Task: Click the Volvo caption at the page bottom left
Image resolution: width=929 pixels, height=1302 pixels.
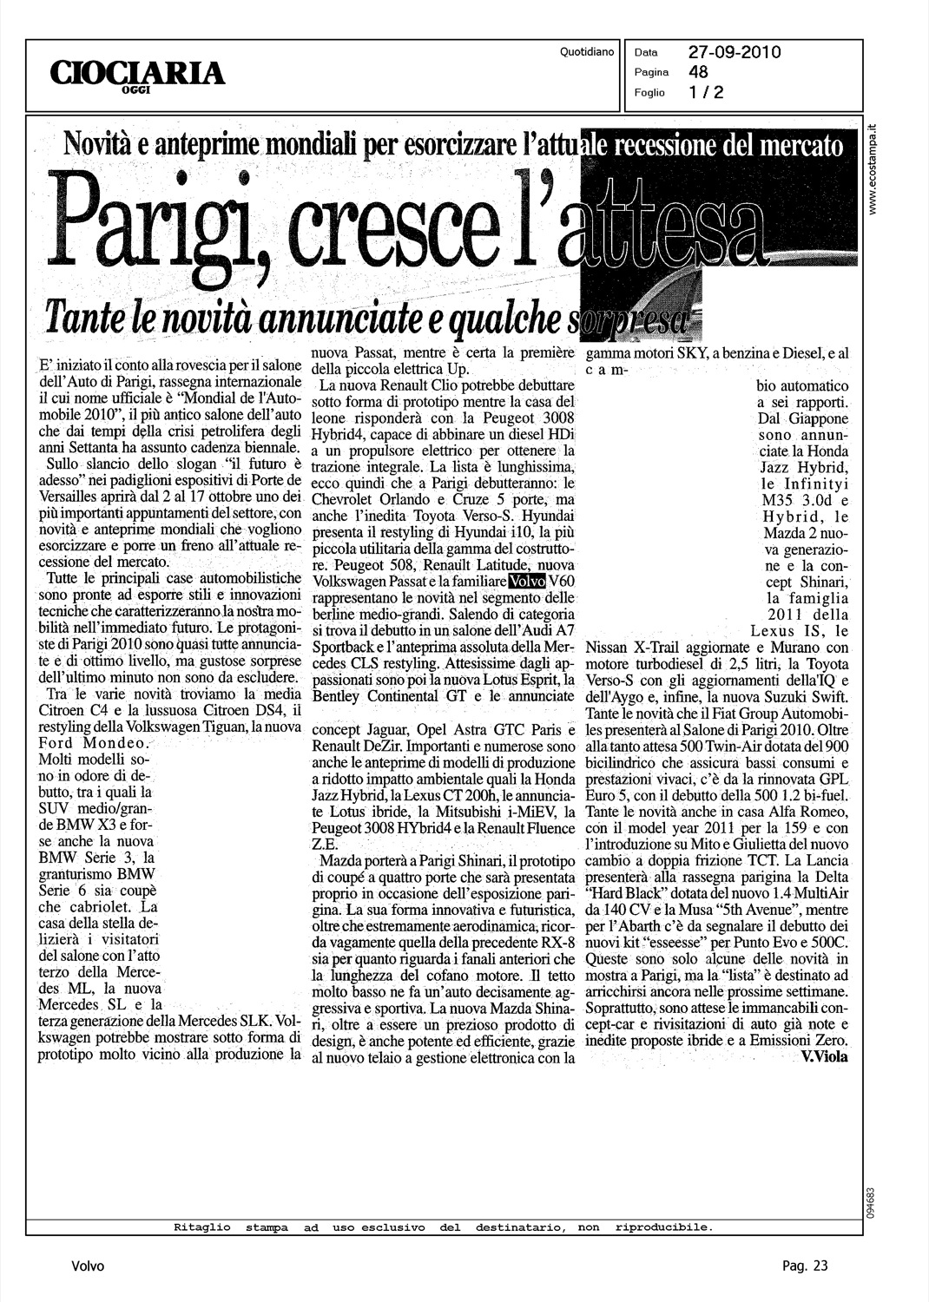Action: [x=88, y=1266]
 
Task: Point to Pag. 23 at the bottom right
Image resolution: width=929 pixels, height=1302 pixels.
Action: [x=804, y=1266]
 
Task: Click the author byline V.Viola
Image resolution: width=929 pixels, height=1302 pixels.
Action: [x=825, y=1056]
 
